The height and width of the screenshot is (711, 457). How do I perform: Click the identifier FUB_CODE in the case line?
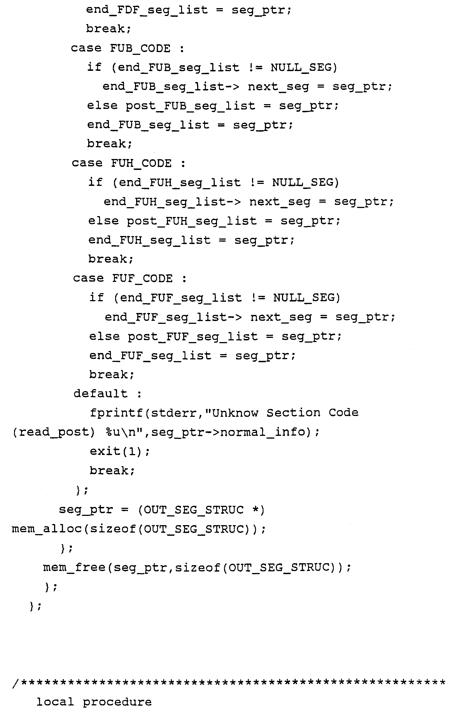(140, 48)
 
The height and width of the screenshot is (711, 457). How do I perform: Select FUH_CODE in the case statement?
(141, 163)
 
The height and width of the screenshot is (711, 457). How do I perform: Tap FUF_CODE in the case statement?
(143, 279)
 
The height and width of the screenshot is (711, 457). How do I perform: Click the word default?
(101, 394)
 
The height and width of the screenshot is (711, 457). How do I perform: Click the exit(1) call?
(120, 451)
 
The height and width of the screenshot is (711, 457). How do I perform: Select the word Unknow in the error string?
(235, 413)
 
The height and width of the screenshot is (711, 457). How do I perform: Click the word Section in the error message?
(293, 413)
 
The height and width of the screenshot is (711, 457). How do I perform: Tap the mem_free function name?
(74, 567)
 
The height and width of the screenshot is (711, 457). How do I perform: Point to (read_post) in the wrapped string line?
(53, 432)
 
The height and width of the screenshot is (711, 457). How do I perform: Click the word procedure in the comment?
(117, 702)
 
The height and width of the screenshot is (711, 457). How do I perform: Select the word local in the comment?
(55, 702)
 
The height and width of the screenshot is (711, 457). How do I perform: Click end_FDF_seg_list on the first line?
(147, 10)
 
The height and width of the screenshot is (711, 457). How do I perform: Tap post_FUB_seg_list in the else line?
(190, 106)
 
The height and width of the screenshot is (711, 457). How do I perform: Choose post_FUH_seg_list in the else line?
(192, 221)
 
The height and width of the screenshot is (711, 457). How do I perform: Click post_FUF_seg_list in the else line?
(193, 336)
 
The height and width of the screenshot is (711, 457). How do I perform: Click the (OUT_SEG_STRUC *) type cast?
(201, 510)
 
